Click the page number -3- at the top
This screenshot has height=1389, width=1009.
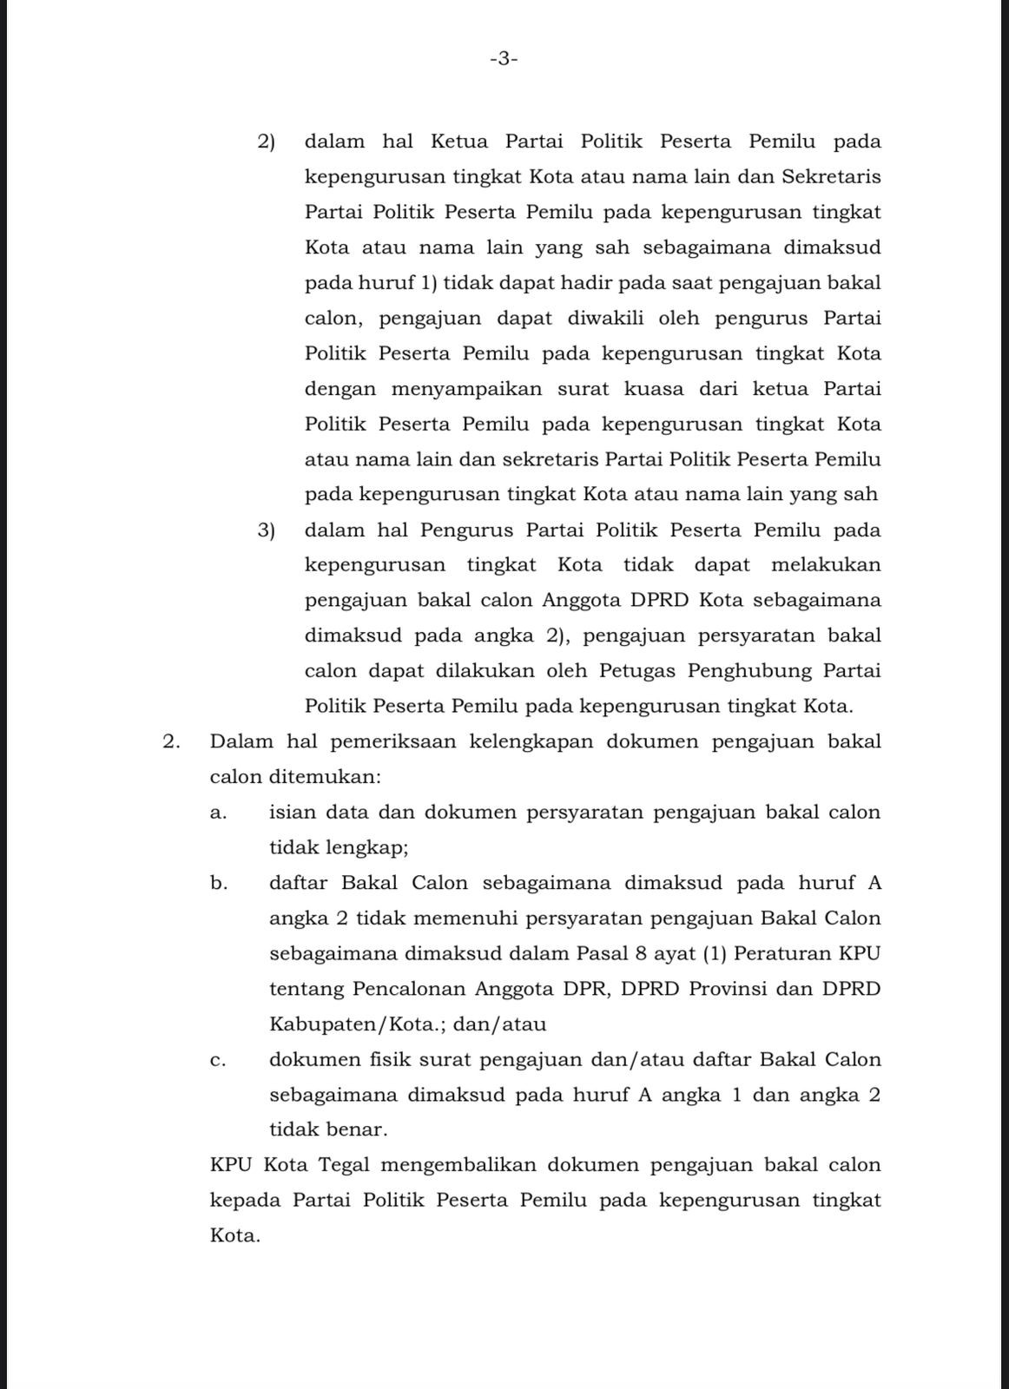[504, 59]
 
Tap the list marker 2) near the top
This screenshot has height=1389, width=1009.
[266, 142]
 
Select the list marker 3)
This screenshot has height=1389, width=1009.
[266, 530]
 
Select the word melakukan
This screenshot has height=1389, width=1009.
[826, 565]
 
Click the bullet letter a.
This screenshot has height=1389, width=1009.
[219, 813]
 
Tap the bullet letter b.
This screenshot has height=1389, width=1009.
[219, 884]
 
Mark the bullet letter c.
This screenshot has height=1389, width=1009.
[219, 1061]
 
